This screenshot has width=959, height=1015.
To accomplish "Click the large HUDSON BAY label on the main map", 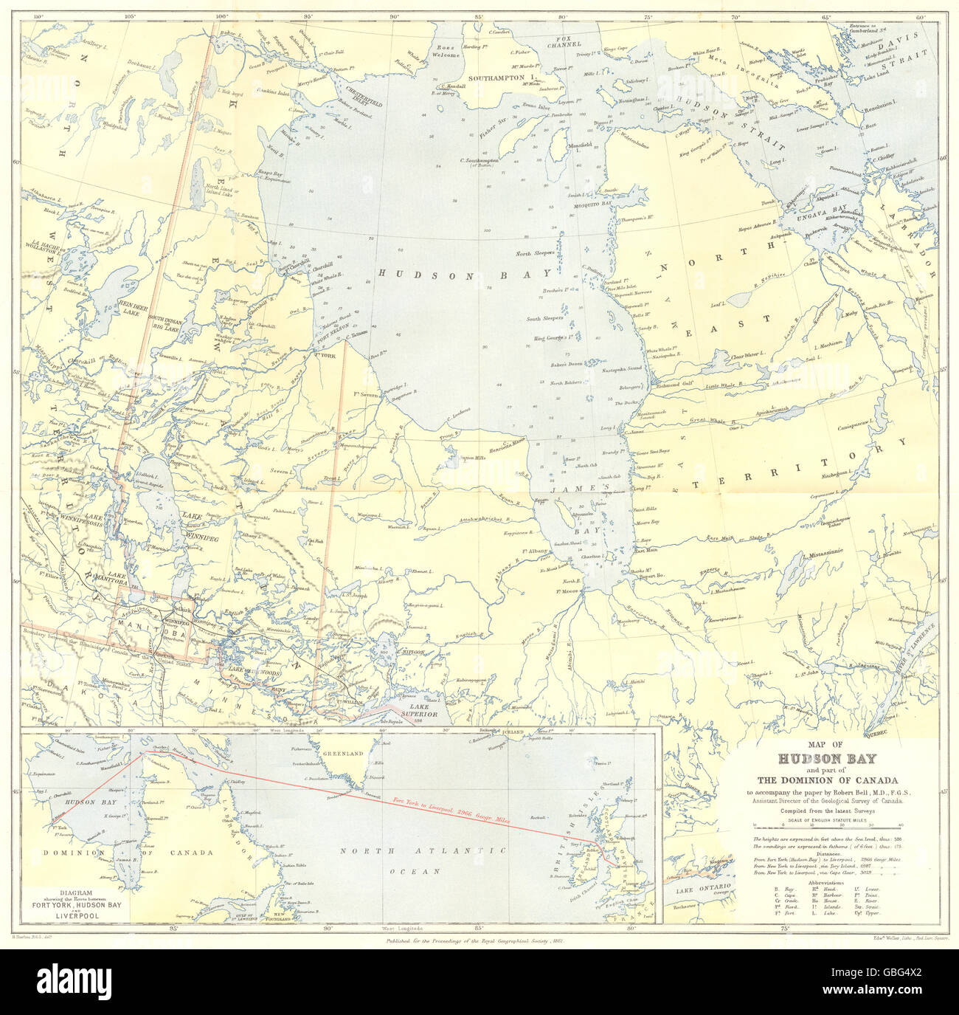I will pyautogui.click(x=465, y=272).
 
